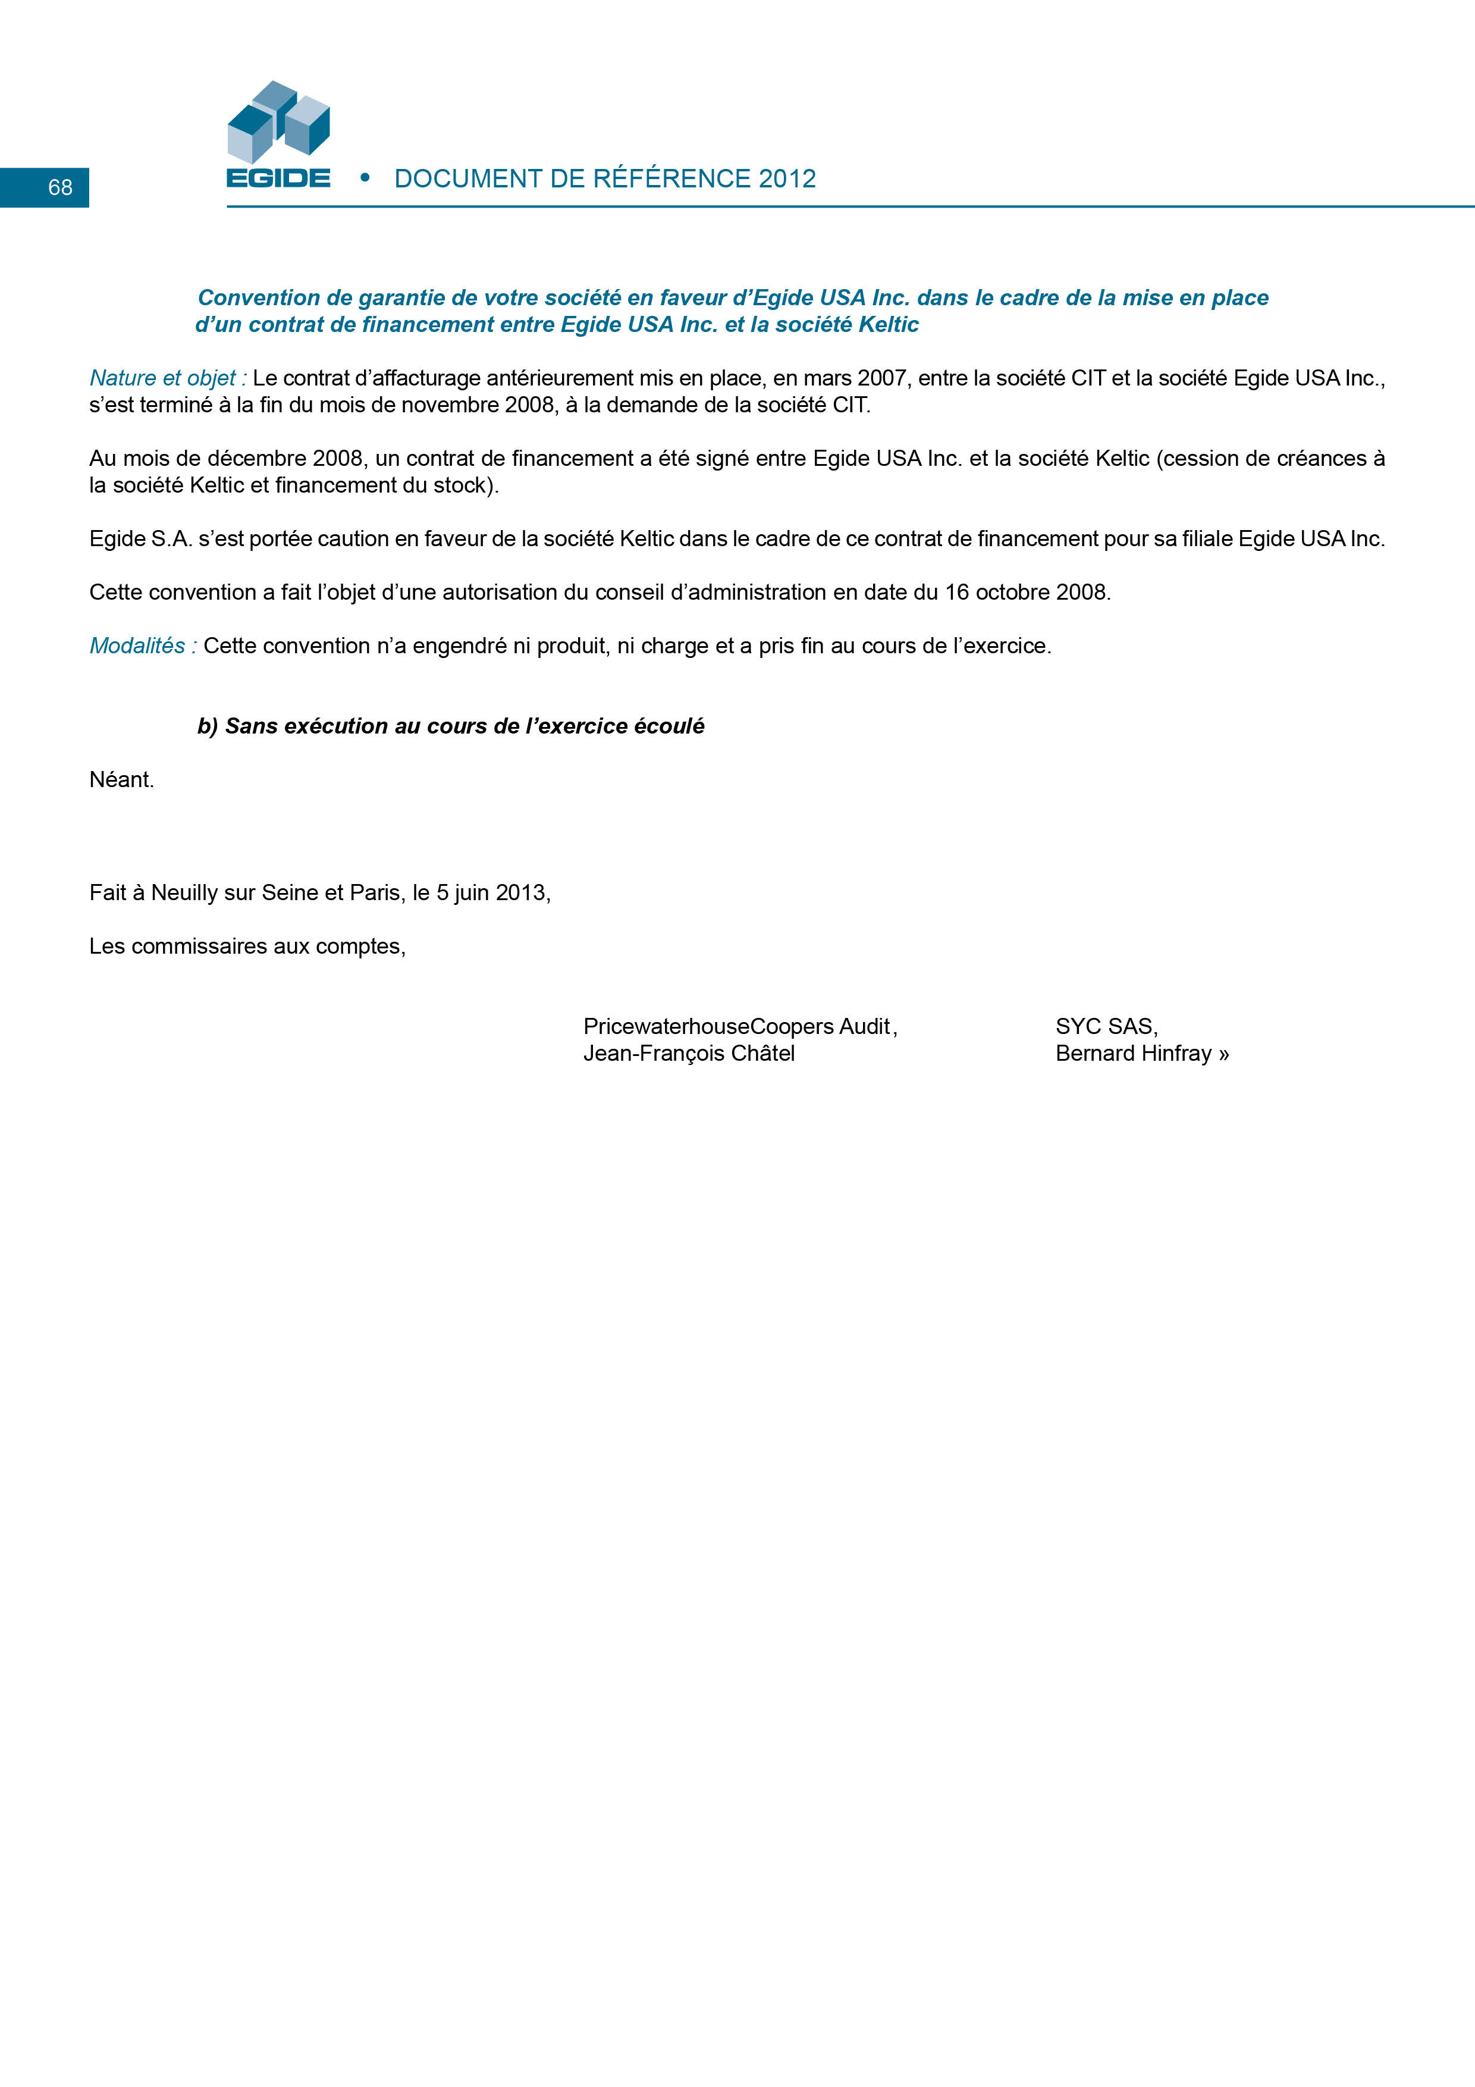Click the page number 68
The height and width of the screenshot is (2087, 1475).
(60, 187)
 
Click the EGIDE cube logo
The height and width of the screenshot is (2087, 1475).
(278, 123)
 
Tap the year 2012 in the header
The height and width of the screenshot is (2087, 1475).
(787, 179)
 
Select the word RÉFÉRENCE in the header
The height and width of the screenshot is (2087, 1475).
(673, 179)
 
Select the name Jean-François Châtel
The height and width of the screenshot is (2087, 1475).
(689, 1054)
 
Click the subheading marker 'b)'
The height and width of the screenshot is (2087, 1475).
(208, 726)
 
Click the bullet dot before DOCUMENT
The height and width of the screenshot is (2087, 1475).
(365, 178)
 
